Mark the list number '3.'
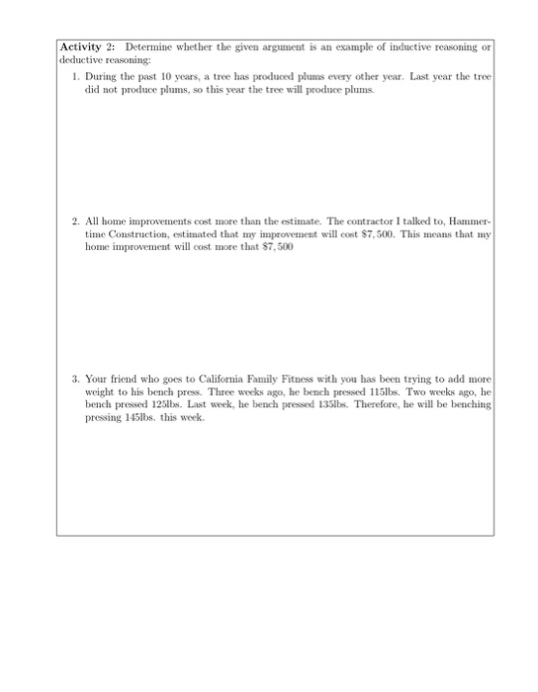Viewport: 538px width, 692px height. (x=76, y=379)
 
